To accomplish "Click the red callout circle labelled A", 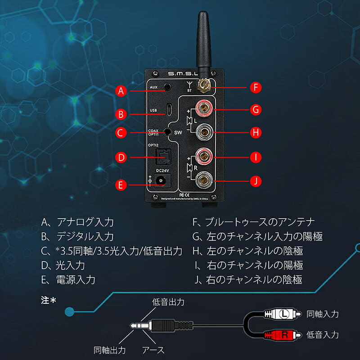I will pyautogui.click(x=120, y=91).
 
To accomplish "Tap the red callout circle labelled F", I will pyautogui.click(x=256, y=87).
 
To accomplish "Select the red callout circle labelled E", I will pyautogui.click(x=120, y=184).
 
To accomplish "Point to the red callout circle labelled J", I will pyautogui.click(x=256, y=181).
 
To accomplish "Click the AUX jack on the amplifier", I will pyautogui.click(x=168, y=85).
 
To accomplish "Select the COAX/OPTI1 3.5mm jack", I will pyautogui.click(x=168, y=132).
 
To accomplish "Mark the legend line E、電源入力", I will pyautogui.click(x=68, y=279).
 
